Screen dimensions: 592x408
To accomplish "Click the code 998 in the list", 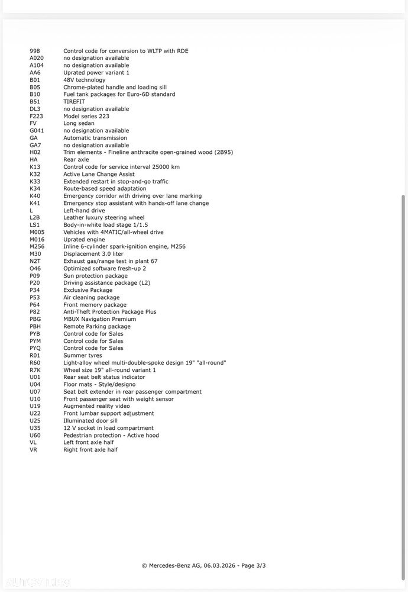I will click(x=34, y=51).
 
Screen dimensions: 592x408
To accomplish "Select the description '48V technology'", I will click(x=84, y=80).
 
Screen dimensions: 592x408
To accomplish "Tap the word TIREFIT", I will click(x=74, y=102).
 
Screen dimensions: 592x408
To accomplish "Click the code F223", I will click(x=36, y=116).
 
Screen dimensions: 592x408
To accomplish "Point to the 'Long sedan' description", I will click(x=79, y=123).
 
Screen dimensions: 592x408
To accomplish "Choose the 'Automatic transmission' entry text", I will click(x=95, y=138).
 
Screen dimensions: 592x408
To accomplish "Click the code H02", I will click(x=35, y=152).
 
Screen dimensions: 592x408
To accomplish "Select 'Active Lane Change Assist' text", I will click(x=99, y=174).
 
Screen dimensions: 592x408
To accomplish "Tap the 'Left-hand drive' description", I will click(x=84, y=210).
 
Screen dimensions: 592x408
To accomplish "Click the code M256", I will click(x=37, y=246).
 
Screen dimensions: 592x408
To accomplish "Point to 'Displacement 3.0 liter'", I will click(x=93, y=253).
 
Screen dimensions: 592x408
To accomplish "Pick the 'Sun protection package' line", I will click(x=95, y=275).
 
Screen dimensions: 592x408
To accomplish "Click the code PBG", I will click(x=35, y=319).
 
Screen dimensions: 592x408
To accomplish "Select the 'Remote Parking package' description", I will click(x=97, y=326).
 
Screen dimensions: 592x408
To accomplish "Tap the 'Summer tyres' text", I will click(x=82, y=355).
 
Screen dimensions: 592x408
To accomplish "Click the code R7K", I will click(x=35, y=370).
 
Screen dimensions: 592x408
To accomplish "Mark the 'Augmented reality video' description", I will click(x=96, y=406).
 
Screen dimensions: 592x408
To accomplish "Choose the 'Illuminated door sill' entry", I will click(x=90, y=420).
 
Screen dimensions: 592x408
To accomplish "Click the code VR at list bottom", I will click(x=33, y=449).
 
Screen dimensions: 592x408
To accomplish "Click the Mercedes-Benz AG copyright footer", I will click(x=208, y=565).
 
